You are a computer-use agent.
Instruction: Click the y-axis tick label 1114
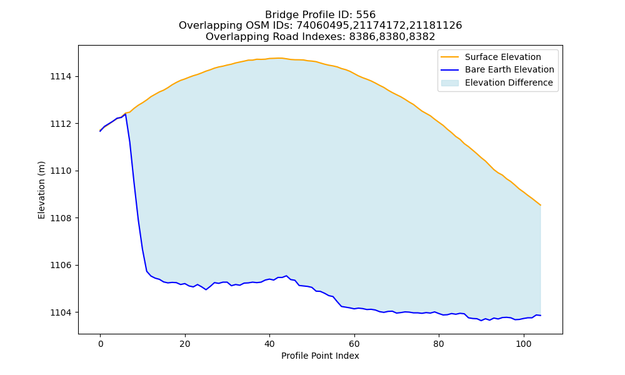coord(61,76)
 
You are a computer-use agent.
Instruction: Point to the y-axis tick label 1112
coord(61,124)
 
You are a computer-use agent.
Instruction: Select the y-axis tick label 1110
coord(61,171)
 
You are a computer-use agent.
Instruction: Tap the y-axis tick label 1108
coord(61,218)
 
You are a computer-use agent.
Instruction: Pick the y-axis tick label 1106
coord(61,266)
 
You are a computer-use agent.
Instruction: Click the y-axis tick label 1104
coord(61,312)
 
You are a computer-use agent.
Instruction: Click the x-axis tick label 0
coord(101,344)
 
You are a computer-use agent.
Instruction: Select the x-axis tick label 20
coord(185,344)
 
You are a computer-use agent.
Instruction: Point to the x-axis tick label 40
coord(269,344)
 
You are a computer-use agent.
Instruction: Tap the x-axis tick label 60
coord(354,344)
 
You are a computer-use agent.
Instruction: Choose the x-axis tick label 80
coord(439,344)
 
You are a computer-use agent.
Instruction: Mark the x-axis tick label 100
coord(523,344)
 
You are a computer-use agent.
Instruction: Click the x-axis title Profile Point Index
coord(320,356)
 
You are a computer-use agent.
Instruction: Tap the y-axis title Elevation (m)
coord(41,190)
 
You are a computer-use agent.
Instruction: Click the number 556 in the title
coord(366,15)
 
